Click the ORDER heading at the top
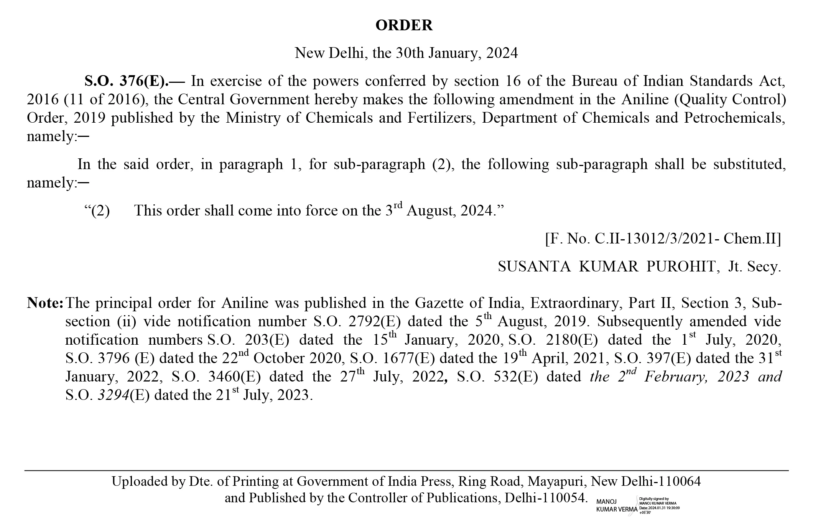pyautogui.click(x=404, y=25)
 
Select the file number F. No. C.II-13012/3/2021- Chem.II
pyautogui.click(x=663, y=239)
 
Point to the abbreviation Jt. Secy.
pyautogui.click(x=754, y=266)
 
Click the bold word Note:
pyautogui.click(x=45, y=303)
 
